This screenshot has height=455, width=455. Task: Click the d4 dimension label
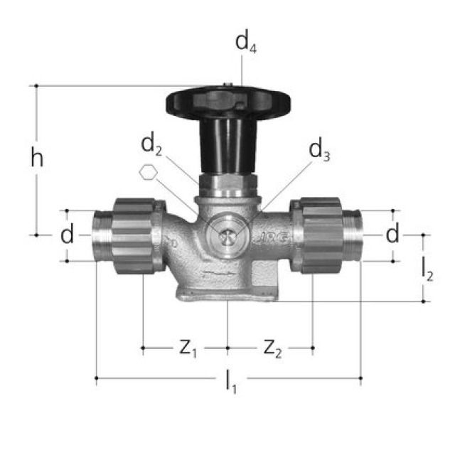point(245,42)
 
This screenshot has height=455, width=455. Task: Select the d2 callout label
point(151,145)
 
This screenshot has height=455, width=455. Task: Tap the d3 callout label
point(319,150)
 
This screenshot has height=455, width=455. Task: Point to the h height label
point(37,158)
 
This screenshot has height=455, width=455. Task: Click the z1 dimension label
point(188,348)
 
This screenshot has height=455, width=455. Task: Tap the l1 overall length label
point(231,382)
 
